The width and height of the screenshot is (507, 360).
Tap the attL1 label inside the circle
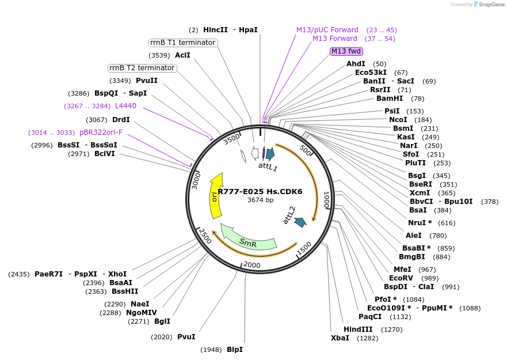268,167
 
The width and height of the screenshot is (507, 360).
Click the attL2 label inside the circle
289,214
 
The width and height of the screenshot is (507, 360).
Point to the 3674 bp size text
260,200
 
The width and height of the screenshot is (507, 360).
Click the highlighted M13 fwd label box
346,51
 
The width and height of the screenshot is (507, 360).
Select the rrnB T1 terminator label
183,43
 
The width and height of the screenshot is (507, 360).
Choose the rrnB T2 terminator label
142,68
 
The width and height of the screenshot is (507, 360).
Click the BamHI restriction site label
389,98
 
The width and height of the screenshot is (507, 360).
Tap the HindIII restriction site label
358,329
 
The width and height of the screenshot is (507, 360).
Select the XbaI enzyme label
340,338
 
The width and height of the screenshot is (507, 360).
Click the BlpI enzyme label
234,350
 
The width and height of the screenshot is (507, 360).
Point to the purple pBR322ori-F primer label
101,132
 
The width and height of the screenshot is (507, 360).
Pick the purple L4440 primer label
125,106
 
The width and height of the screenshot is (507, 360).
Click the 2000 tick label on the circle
252,264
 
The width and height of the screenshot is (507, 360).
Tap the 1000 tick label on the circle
326,199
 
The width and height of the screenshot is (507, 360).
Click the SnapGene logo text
490,5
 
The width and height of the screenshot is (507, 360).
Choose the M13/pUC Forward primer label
327,30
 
